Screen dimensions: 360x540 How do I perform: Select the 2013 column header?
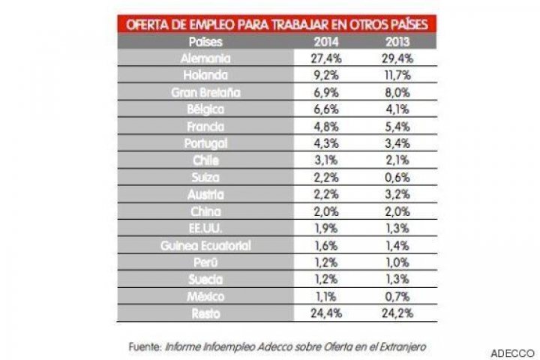point(397,42)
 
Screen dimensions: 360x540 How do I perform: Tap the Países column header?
point(206,42)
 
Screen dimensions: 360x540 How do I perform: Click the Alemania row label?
point(205,58)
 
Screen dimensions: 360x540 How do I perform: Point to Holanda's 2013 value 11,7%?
point(397,75)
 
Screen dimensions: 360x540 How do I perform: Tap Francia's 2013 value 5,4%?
point(397,126)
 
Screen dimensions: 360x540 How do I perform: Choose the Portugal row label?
point(205,142)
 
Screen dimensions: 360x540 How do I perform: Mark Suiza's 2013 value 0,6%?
point(397,177)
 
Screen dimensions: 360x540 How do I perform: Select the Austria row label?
point(206,193)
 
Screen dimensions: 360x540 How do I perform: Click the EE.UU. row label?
point(207,227)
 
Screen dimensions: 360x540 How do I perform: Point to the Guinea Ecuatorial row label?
point(206,244)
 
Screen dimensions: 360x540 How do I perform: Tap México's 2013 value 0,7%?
point(397,295)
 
